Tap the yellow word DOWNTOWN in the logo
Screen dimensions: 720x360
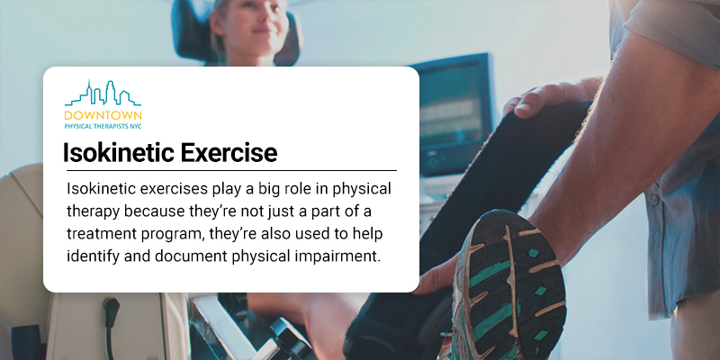coord(103,115)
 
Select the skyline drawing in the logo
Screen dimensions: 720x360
coord(103,94)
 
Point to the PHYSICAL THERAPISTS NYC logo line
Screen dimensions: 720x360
coord(103,125)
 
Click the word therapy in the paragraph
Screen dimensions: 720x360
coord(94,211)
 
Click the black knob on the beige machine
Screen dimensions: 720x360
coord(111,306)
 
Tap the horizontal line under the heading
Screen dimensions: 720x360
coord(231,170)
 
